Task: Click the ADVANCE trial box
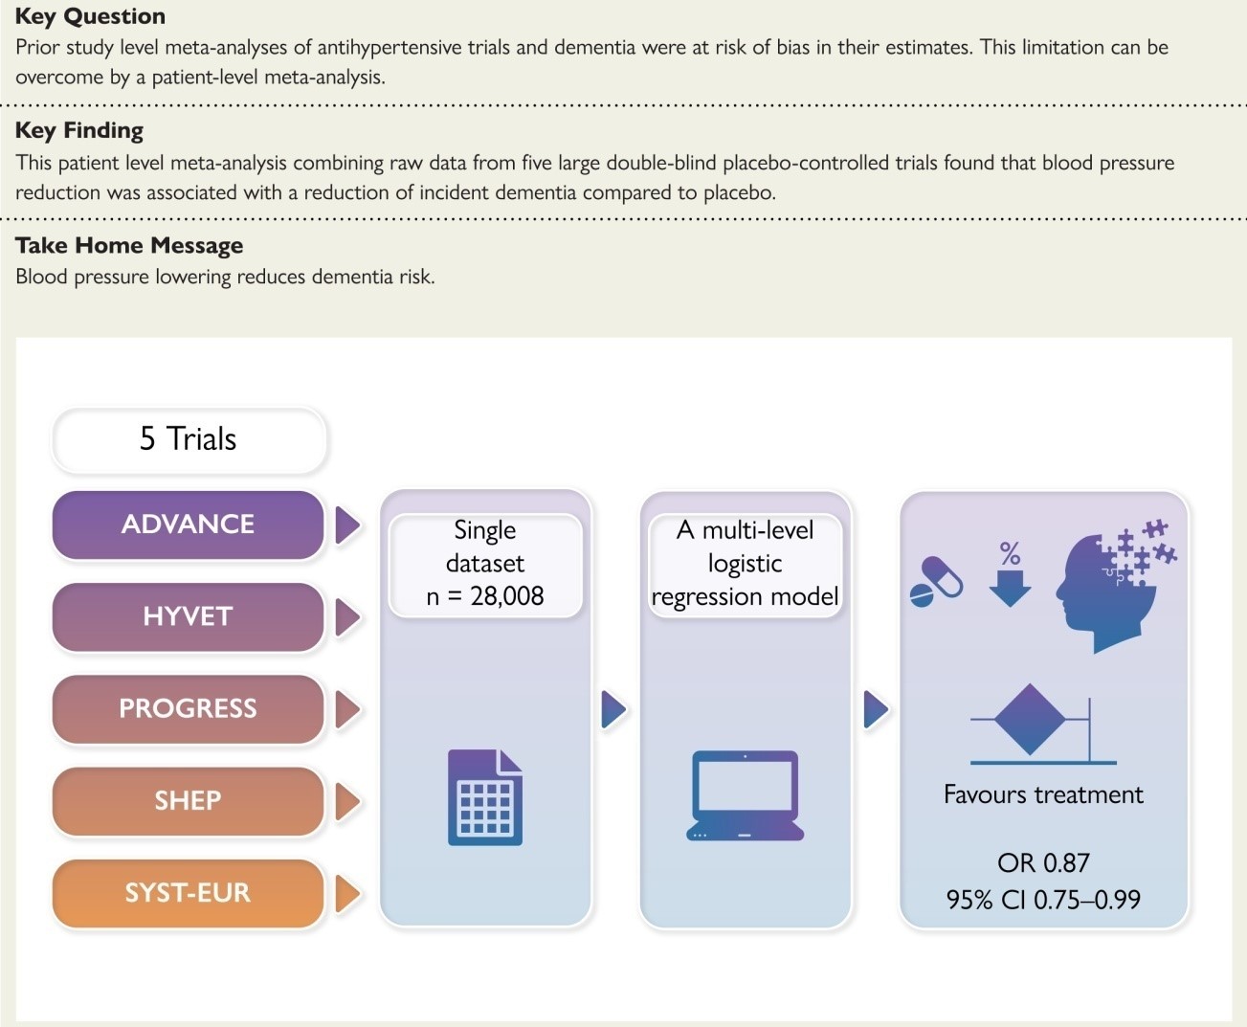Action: point(188,525)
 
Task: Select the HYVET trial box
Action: point(188,616)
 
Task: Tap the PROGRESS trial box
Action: point(188,708)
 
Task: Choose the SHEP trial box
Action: point(188,800)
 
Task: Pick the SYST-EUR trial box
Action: point(188,892)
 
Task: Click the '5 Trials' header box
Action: point(189,439)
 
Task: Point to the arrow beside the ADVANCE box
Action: point(347,525)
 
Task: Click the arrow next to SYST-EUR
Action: point(347,893)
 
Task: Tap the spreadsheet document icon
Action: point(485,797)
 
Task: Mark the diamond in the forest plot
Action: point(1030,719)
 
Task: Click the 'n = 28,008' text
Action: point(485,596)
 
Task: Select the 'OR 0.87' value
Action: point(1043,863)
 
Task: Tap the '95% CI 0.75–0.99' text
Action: point(1043,900)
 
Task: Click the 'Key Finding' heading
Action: point(79,130)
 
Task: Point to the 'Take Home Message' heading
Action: point(129,246)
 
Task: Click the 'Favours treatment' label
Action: point(1043,794)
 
